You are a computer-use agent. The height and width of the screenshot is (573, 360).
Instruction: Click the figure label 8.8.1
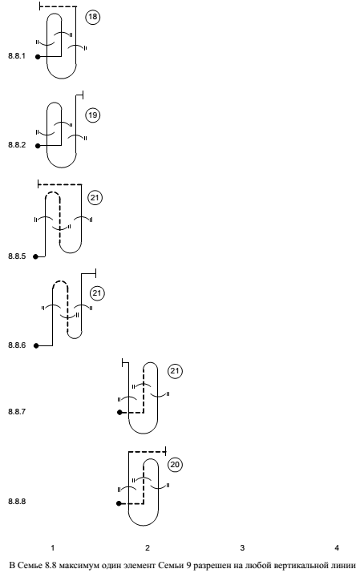(x=17, y=56)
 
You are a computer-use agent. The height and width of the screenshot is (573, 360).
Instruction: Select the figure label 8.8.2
(x=17, y=145)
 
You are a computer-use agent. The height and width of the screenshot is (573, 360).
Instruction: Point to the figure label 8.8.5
(x=17, y=256)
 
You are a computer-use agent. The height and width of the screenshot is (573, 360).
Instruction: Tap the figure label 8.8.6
(x=17, y=345)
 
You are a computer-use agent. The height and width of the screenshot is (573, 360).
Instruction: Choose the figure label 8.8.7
(x=17, y=412)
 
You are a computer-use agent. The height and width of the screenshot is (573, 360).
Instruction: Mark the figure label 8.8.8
(x=17, y=502)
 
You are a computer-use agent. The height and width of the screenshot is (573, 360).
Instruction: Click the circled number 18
(x=93, y=17)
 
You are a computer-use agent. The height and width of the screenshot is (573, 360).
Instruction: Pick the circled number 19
(x=93, y=115)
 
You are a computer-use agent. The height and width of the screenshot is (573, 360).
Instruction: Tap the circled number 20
(x=175, y=465)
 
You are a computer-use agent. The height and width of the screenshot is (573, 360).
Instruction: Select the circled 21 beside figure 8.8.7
(x=175, y=371)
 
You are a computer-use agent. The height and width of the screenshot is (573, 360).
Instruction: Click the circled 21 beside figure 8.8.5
(x=95, y=198)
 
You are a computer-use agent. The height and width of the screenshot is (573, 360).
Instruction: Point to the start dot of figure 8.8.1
(x=38, y=57)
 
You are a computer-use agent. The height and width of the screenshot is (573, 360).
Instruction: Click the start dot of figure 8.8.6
(x=36, y=345)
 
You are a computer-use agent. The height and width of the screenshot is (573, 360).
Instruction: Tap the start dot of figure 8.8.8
(x=119, y=503)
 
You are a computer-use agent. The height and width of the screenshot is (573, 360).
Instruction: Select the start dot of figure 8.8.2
(x=38, y=146)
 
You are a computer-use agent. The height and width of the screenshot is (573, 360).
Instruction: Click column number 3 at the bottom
(x=242, y=548)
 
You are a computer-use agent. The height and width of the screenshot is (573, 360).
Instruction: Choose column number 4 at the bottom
(x=337, y=548)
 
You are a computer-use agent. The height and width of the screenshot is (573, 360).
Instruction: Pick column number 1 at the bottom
(x=53, y=548)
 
